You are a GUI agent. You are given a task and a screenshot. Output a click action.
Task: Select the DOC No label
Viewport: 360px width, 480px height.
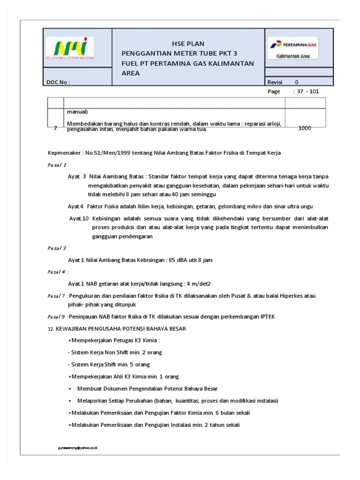point(58,82)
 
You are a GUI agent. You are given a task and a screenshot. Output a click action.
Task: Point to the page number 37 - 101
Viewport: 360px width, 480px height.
point(306,91)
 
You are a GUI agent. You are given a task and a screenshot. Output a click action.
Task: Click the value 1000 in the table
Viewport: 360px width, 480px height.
point(305,128)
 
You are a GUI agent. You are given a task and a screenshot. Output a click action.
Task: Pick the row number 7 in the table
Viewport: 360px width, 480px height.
point(55,128)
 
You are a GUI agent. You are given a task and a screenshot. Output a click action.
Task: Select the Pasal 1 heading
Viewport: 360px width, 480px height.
point(57,165)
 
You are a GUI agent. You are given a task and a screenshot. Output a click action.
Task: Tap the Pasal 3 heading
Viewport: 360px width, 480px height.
point(57,247)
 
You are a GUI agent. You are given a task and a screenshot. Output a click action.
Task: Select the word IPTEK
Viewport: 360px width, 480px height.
point(265,317)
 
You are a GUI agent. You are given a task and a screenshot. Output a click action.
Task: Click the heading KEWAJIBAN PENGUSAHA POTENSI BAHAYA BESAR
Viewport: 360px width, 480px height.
point(121,329)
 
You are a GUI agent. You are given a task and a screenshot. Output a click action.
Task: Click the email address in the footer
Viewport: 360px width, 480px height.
point(77,448)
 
